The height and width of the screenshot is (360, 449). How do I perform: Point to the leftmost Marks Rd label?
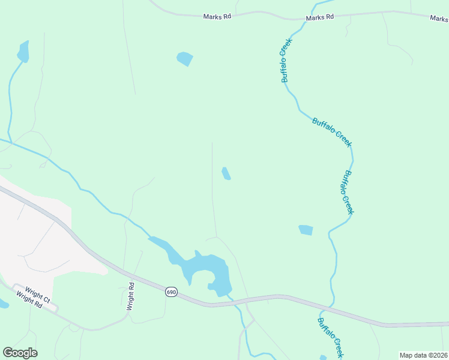click(217, 17)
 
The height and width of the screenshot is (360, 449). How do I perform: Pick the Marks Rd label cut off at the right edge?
click(439, 19)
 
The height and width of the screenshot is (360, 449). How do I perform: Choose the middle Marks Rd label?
click(319, 18)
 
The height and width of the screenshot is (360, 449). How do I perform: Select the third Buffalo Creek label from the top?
click(348, 193)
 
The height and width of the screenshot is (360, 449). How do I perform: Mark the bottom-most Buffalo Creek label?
click(330, 337)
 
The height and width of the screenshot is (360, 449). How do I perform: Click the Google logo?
click(20, 353)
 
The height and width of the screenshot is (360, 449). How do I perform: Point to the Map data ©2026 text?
click(423, 355)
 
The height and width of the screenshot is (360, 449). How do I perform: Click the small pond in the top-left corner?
click(23, 52)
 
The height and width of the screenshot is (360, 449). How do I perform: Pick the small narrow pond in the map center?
click(226, 173)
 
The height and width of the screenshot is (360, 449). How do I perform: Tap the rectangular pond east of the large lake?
click(306, 230)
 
